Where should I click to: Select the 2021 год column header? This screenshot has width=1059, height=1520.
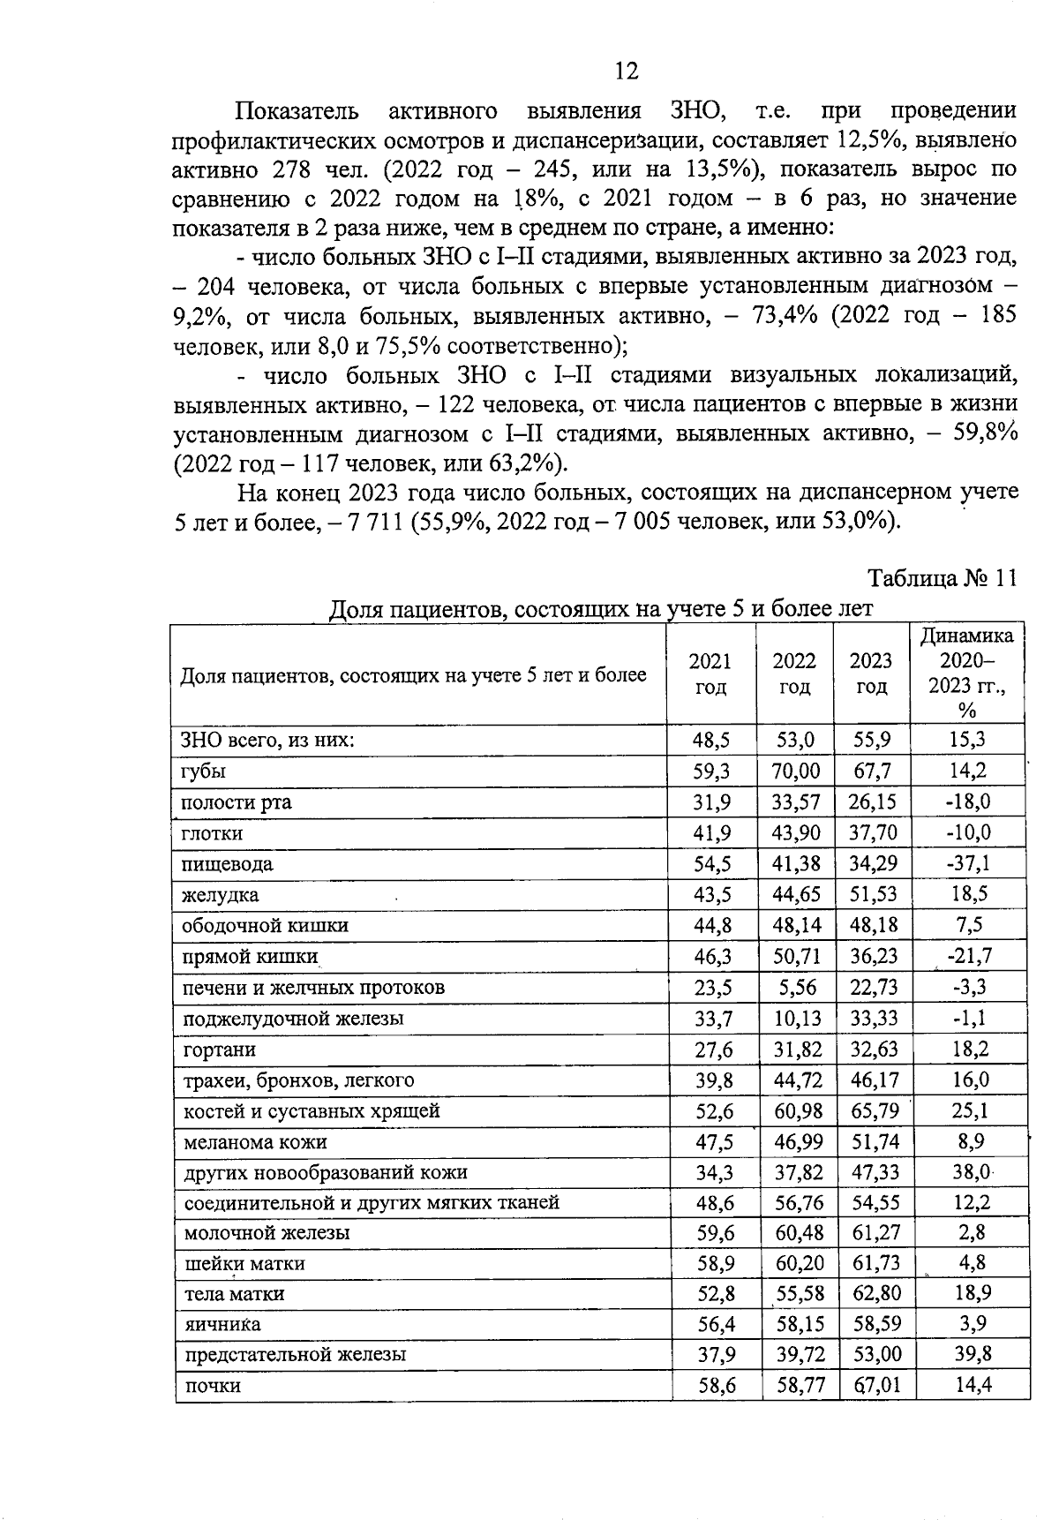[x=710, y=674]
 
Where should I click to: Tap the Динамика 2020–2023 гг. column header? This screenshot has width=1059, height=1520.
[x=967, y=673]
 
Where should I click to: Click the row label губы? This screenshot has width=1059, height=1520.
[x=203, y=771]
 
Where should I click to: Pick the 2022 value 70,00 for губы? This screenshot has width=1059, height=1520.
[x=795, y=771]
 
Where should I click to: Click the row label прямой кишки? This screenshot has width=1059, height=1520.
[x=249, y=957]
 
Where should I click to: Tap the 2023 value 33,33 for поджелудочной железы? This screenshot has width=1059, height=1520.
[x=874, y=1019]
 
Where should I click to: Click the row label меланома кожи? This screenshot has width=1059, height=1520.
[x=254, y=1142]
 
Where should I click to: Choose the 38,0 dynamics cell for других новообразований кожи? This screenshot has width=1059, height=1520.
[x=970, y=1173]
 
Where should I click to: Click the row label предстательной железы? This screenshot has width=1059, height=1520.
[x=295, y=1354]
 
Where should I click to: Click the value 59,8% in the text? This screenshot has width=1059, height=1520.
[x=987, y=434]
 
